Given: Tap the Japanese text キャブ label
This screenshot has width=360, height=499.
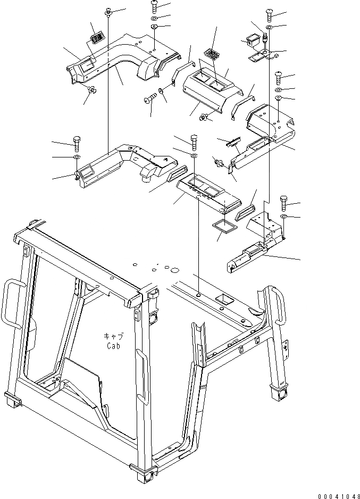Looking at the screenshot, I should pos(113,336).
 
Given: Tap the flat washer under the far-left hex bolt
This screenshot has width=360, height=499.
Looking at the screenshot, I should pos(76,158).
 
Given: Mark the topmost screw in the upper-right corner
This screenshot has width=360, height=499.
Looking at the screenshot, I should pos(269,14).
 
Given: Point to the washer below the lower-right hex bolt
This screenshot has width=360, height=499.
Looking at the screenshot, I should pos(283,218).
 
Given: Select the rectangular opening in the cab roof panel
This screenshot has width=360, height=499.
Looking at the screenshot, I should pos(224,301).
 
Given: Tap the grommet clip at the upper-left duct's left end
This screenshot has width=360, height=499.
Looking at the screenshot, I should pos(91,90).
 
